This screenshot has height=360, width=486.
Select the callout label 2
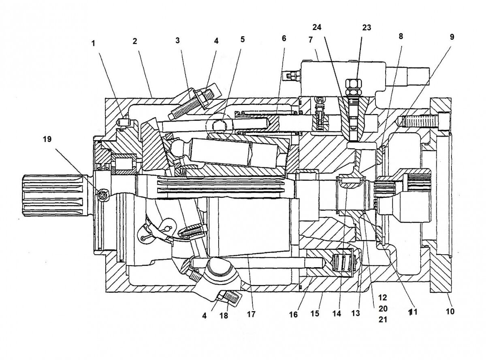tap(134, 41)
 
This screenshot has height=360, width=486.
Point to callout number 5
tap(242, 39)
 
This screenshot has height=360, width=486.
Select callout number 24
tap(317, 28)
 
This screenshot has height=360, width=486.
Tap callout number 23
tap(367, 28)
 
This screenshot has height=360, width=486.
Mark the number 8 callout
tap(401, 36)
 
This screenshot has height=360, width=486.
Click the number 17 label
tap(252, 314)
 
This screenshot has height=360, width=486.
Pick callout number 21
tap(383, 319)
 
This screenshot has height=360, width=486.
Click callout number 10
tap(450, 311)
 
